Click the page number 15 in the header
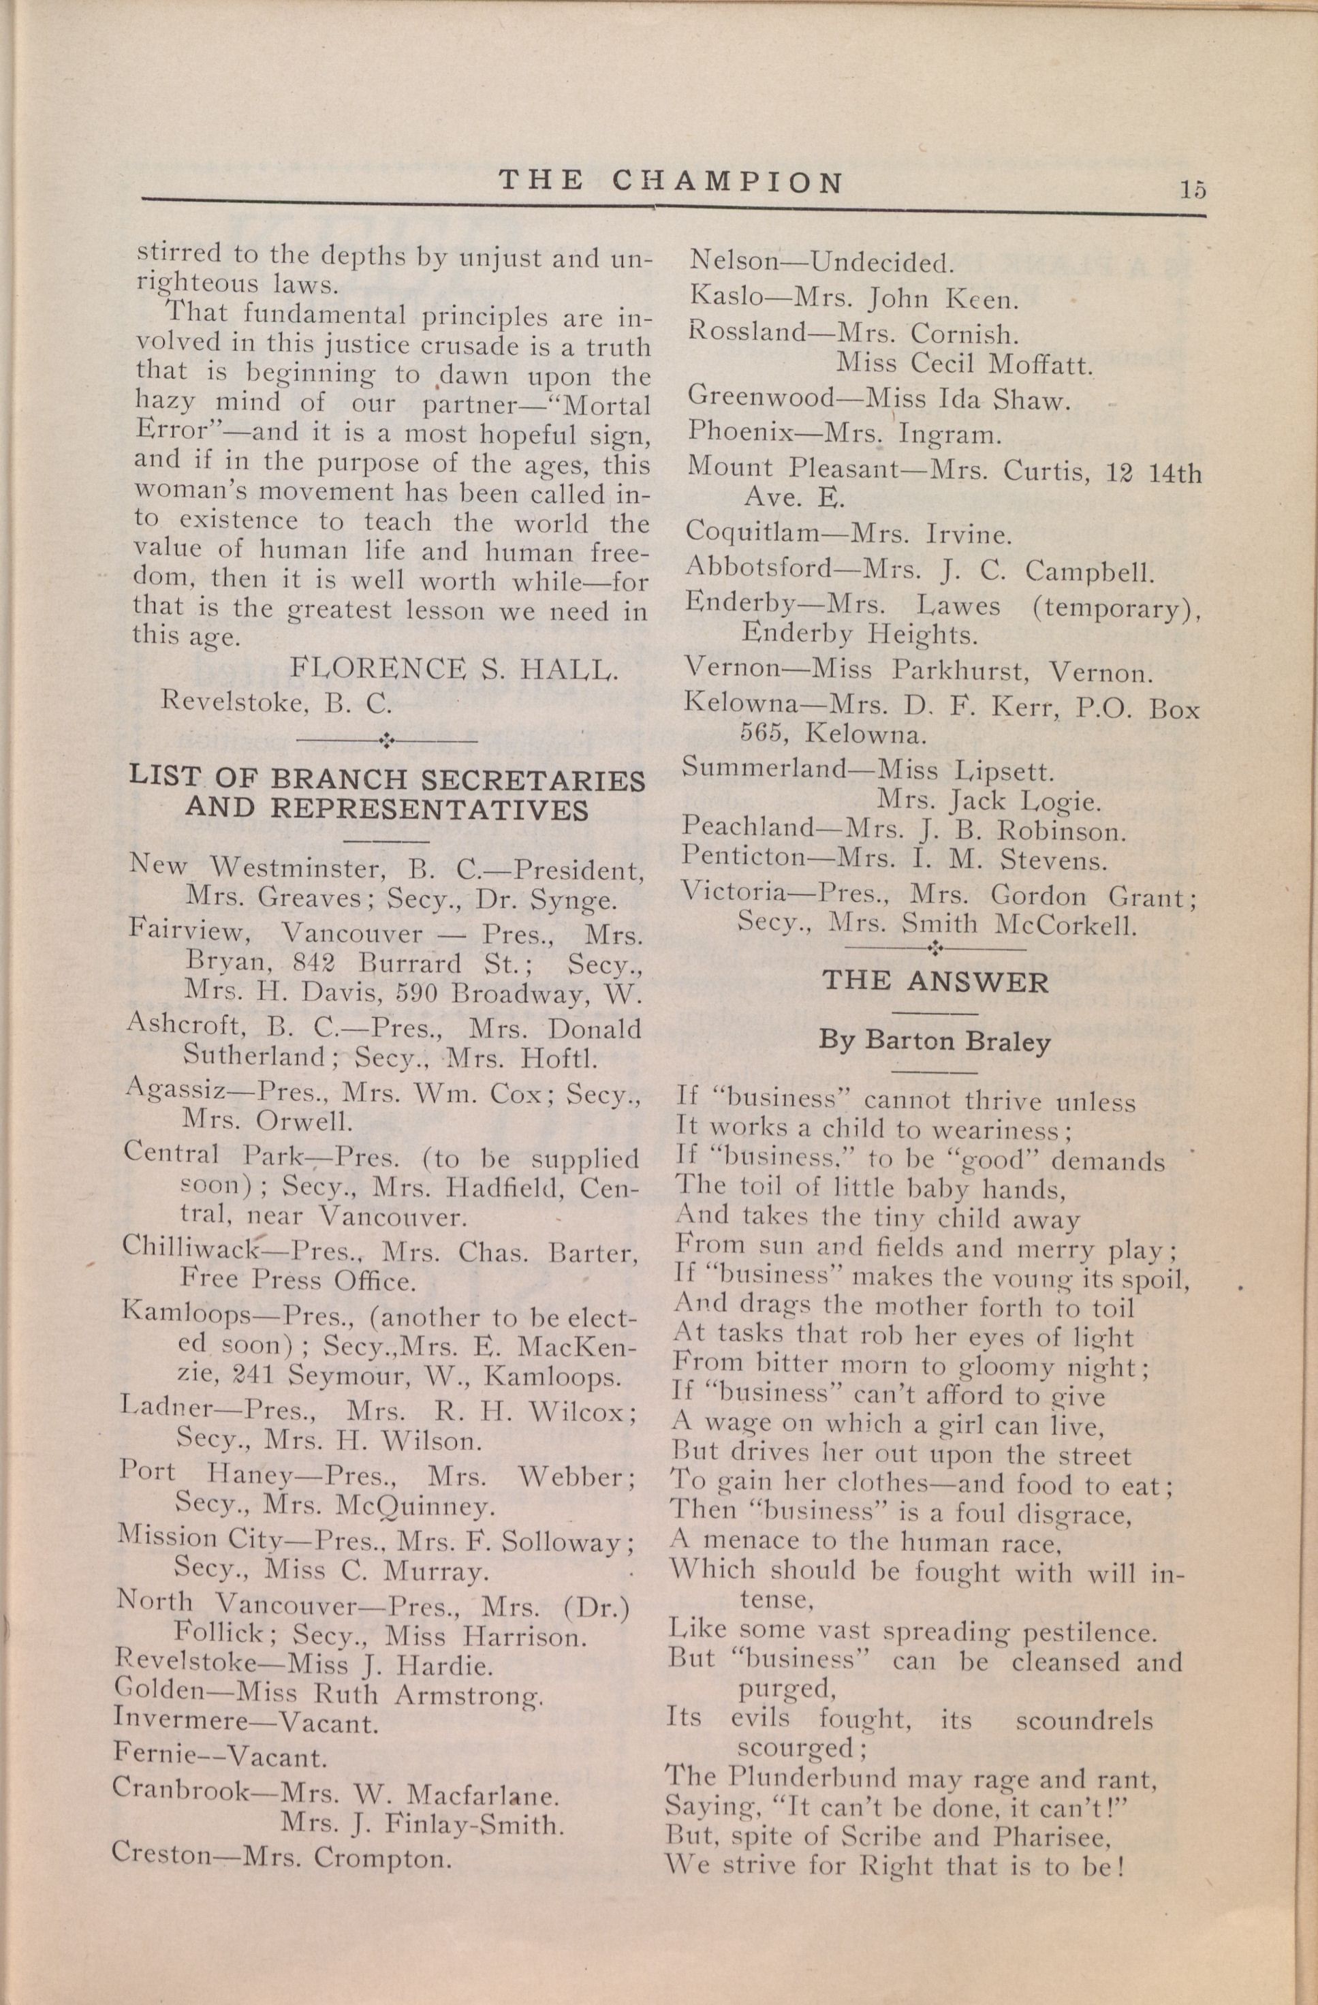click(x=1193, y=189)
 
